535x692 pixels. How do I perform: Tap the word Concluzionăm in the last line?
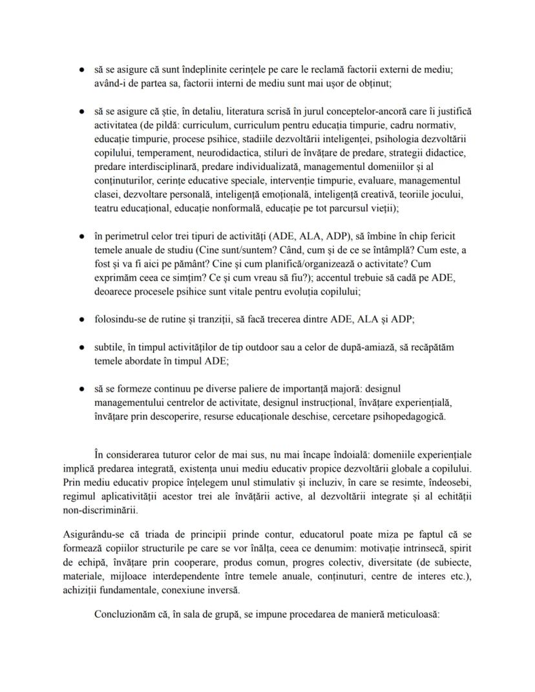click(127, 615)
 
